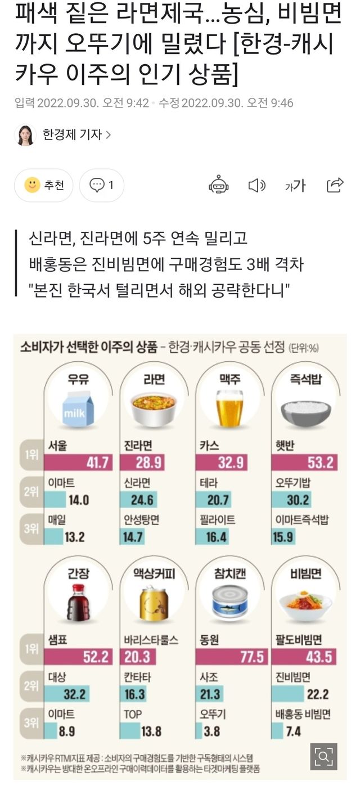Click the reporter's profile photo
[25, 135]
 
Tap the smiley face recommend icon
[32, 185]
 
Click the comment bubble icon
[97, 185]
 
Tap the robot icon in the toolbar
[218, 185]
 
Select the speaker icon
[256, 185]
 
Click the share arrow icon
[335, 185]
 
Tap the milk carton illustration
[79, 409]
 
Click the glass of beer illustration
[229, 408]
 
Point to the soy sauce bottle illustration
[78, 601]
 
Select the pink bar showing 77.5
[231, 656]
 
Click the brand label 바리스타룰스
[151, 640]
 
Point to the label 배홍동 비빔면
[303, 714]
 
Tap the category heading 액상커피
[154, 573]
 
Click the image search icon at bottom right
[323, 757]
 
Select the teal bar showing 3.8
[198, 731]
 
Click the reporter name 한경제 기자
[72, 135]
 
